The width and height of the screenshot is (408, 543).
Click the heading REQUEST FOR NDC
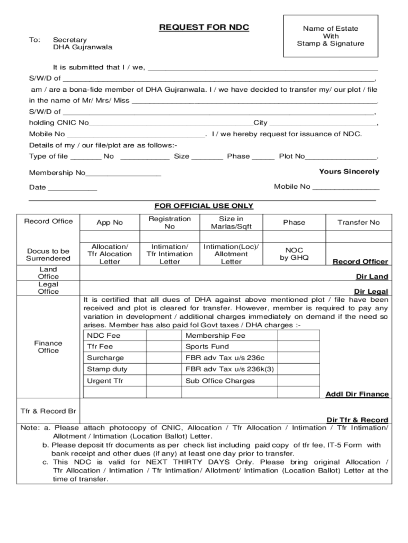(204, 28)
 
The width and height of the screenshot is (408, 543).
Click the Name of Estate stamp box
(331, 36)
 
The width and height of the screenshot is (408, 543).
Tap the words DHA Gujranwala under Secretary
(82, 47)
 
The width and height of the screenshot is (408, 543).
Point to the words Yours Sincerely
(349, 171)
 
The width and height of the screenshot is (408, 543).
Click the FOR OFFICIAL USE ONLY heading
(203, 206)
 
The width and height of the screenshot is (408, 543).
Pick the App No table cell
(110, 223)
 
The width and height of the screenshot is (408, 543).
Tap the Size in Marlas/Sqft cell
(231, 223)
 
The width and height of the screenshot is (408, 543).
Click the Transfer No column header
(358, 223)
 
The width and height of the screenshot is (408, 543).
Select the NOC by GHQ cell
(294, 254)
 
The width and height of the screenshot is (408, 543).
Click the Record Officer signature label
(360, 261)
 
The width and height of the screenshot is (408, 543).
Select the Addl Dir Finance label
(357, 394)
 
